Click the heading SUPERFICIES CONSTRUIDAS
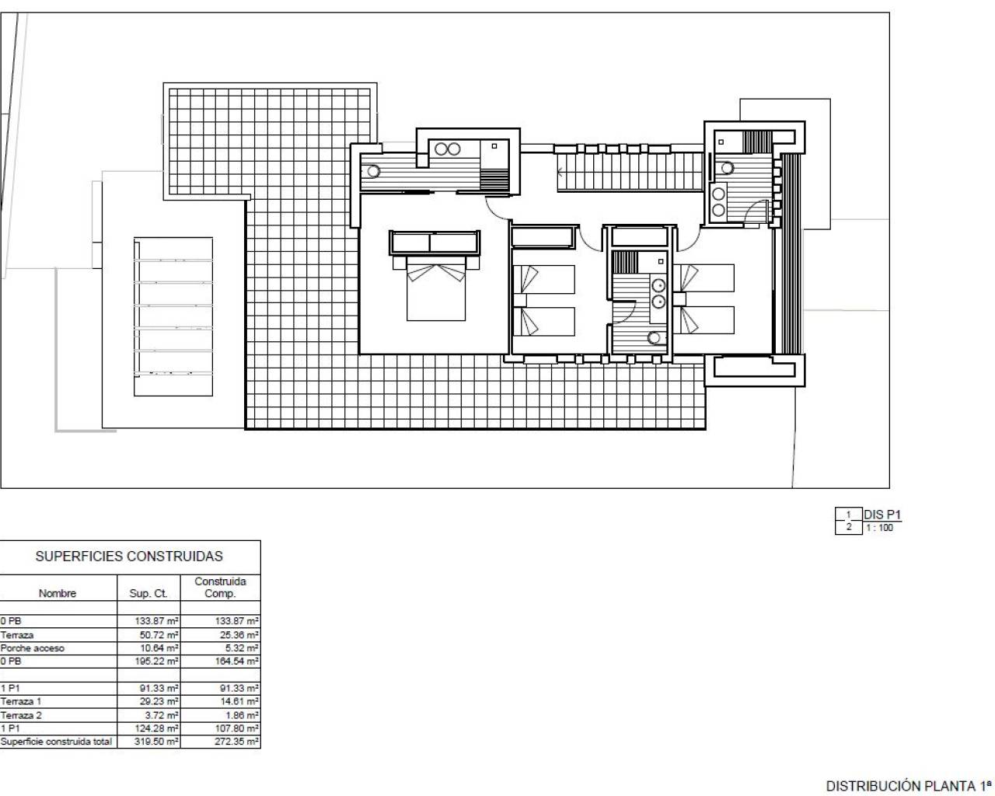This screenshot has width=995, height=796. [x=129, y=557]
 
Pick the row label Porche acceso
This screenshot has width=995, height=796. [x=33, y=648]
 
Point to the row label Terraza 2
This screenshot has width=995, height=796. [x=22, y=715]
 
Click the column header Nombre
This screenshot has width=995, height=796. [x=58, y=594]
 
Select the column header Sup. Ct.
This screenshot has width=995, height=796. [x=148, y=594]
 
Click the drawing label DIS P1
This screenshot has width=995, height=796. [x=882, y=515]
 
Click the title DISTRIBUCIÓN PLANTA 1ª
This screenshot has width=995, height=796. [x=909, y=786]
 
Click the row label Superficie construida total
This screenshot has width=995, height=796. [x=57, y=742]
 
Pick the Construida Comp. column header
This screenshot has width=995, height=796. [x=220, y=588]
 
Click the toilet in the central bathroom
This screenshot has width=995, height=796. [x=655, y=337]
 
